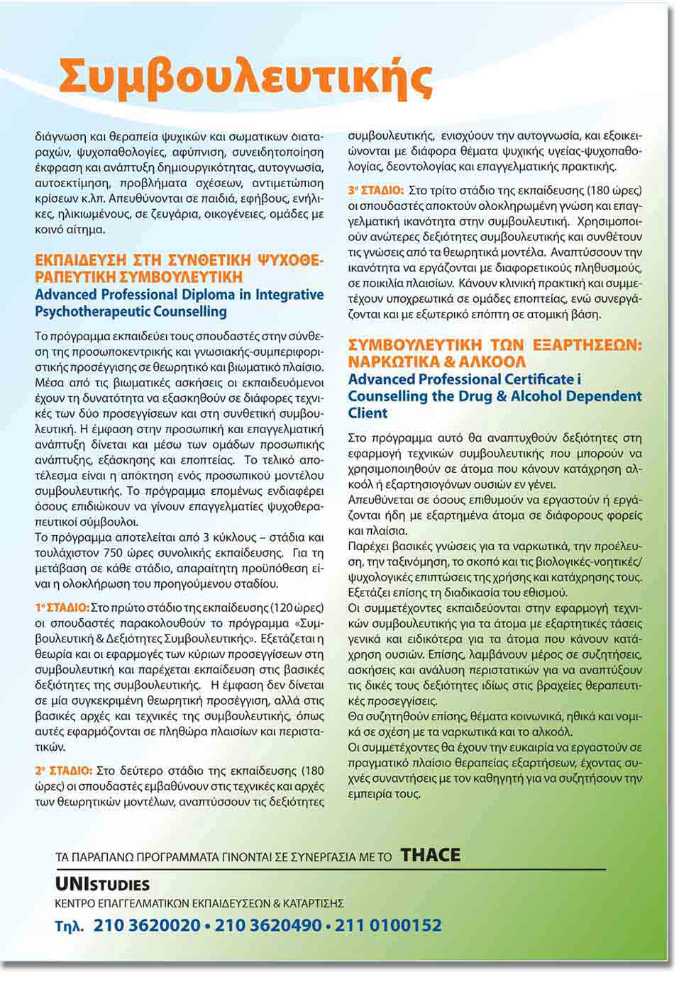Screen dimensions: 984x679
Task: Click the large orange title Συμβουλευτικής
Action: [x=245, y=78]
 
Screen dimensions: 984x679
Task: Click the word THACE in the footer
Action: [x=430, y=855]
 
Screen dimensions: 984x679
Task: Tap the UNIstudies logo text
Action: [x=102, y=884]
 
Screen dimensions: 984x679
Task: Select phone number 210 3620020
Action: [x=147, y=925]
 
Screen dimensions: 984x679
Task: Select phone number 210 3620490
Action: [x=267, y=925]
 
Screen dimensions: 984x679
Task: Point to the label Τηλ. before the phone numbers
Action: [x=70, y=926]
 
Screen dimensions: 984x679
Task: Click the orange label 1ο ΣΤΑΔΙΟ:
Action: [x=62, y=608]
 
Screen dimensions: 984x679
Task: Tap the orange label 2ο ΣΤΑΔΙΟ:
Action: [x=63, y=771]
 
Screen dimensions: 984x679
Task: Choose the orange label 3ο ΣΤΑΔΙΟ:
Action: [x=375, y=191]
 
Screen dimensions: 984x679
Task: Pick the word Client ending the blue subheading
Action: [x=368, y=413]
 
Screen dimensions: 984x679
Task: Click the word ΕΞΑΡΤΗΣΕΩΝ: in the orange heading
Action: [x=585, y=345]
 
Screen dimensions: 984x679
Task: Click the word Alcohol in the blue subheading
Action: [x=543, y=396]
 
